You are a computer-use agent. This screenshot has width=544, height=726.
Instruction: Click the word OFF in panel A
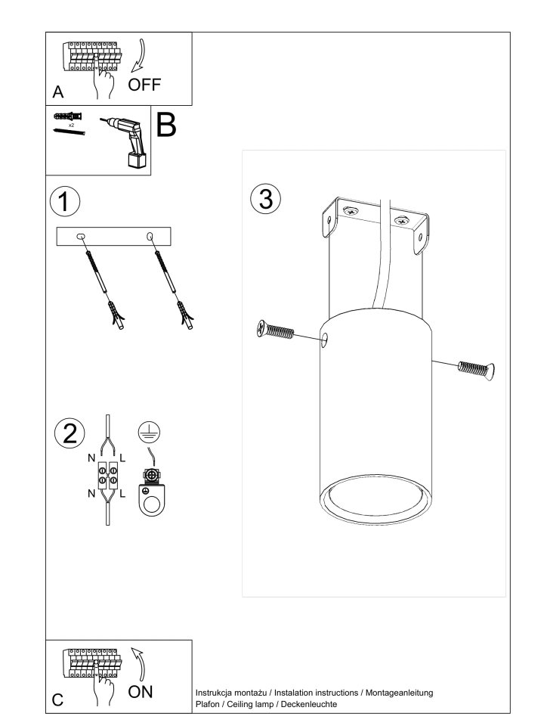[144, 85]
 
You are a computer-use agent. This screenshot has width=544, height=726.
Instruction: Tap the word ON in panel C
[141, 692]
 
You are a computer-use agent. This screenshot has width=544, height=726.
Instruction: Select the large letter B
[166, 124]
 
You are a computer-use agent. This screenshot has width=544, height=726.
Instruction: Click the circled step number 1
[65, 201]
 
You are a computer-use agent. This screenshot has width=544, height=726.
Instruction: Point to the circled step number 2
[70, 433]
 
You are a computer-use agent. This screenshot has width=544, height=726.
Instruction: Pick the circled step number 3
[266, 199]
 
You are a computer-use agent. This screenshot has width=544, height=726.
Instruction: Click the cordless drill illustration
[125, 141]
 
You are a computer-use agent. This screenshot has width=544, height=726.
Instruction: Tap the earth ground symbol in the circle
[149, 432]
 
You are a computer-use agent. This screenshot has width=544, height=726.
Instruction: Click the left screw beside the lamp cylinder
[275, 330]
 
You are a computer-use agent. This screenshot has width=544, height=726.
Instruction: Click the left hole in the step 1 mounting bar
[81, 237]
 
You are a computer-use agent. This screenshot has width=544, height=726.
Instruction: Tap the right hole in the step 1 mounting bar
[150, 237]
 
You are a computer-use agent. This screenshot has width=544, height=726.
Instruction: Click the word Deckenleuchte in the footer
[309, 704]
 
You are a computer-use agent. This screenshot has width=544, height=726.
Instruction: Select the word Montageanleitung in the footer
[399, 693]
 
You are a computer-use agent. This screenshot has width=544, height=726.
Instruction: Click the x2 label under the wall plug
[71, 125]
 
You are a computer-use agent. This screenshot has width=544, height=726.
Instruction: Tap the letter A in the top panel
[58, 92]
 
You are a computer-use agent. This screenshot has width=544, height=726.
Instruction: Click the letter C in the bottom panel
[58, 700]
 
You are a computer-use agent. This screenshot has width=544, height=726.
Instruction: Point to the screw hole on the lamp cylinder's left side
[325, 340]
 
